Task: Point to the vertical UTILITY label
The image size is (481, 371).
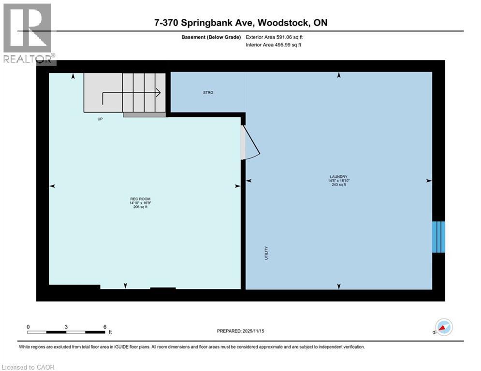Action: tap(266, 254)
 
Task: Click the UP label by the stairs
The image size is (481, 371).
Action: tap(100, 119)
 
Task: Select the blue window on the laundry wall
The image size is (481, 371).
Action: tap(438, 237)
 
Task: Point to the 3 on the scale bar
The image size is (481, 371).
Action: tap(66, 327)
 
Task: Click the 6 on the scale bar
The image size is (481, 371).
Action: tap(104, 327)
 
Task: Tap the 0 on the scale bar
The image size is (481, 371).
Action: tap(29, 327)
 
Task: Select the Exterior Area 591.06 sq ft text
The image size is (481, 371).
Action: tap(274, 37)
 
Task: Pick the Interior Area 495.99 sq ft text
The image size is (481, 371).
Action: tap(274, 45)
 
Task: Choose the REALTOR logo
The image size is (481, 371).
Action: tap(28, 34)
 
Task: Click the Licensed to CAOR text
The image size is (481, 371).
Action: tap(28, 367)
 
